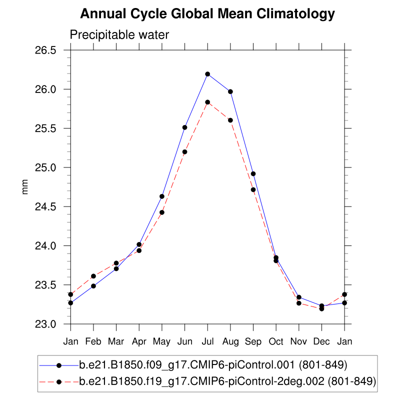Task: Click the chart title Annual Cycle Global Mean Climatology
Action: (x=207, y=14)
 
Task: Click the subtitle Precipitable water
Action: (x=119, y=35)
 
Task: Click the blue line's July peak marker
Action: (x=207, y=74)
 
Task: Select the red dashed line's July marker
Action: (x=207, y=102)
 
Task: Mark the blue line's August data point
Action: (x=230, y=91)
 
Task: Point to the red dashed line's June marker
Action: (x=185, y=152)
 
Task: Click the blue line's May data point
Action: (x=162, y=196)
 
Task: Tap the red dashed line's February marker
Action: (x=93, y=276)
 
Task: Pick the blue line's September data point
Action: (x=253, y=174)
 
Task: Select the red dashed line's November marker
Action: (x=299, y=303)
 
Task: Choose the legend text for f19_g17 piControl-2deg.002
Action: (x=227, y=381)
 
